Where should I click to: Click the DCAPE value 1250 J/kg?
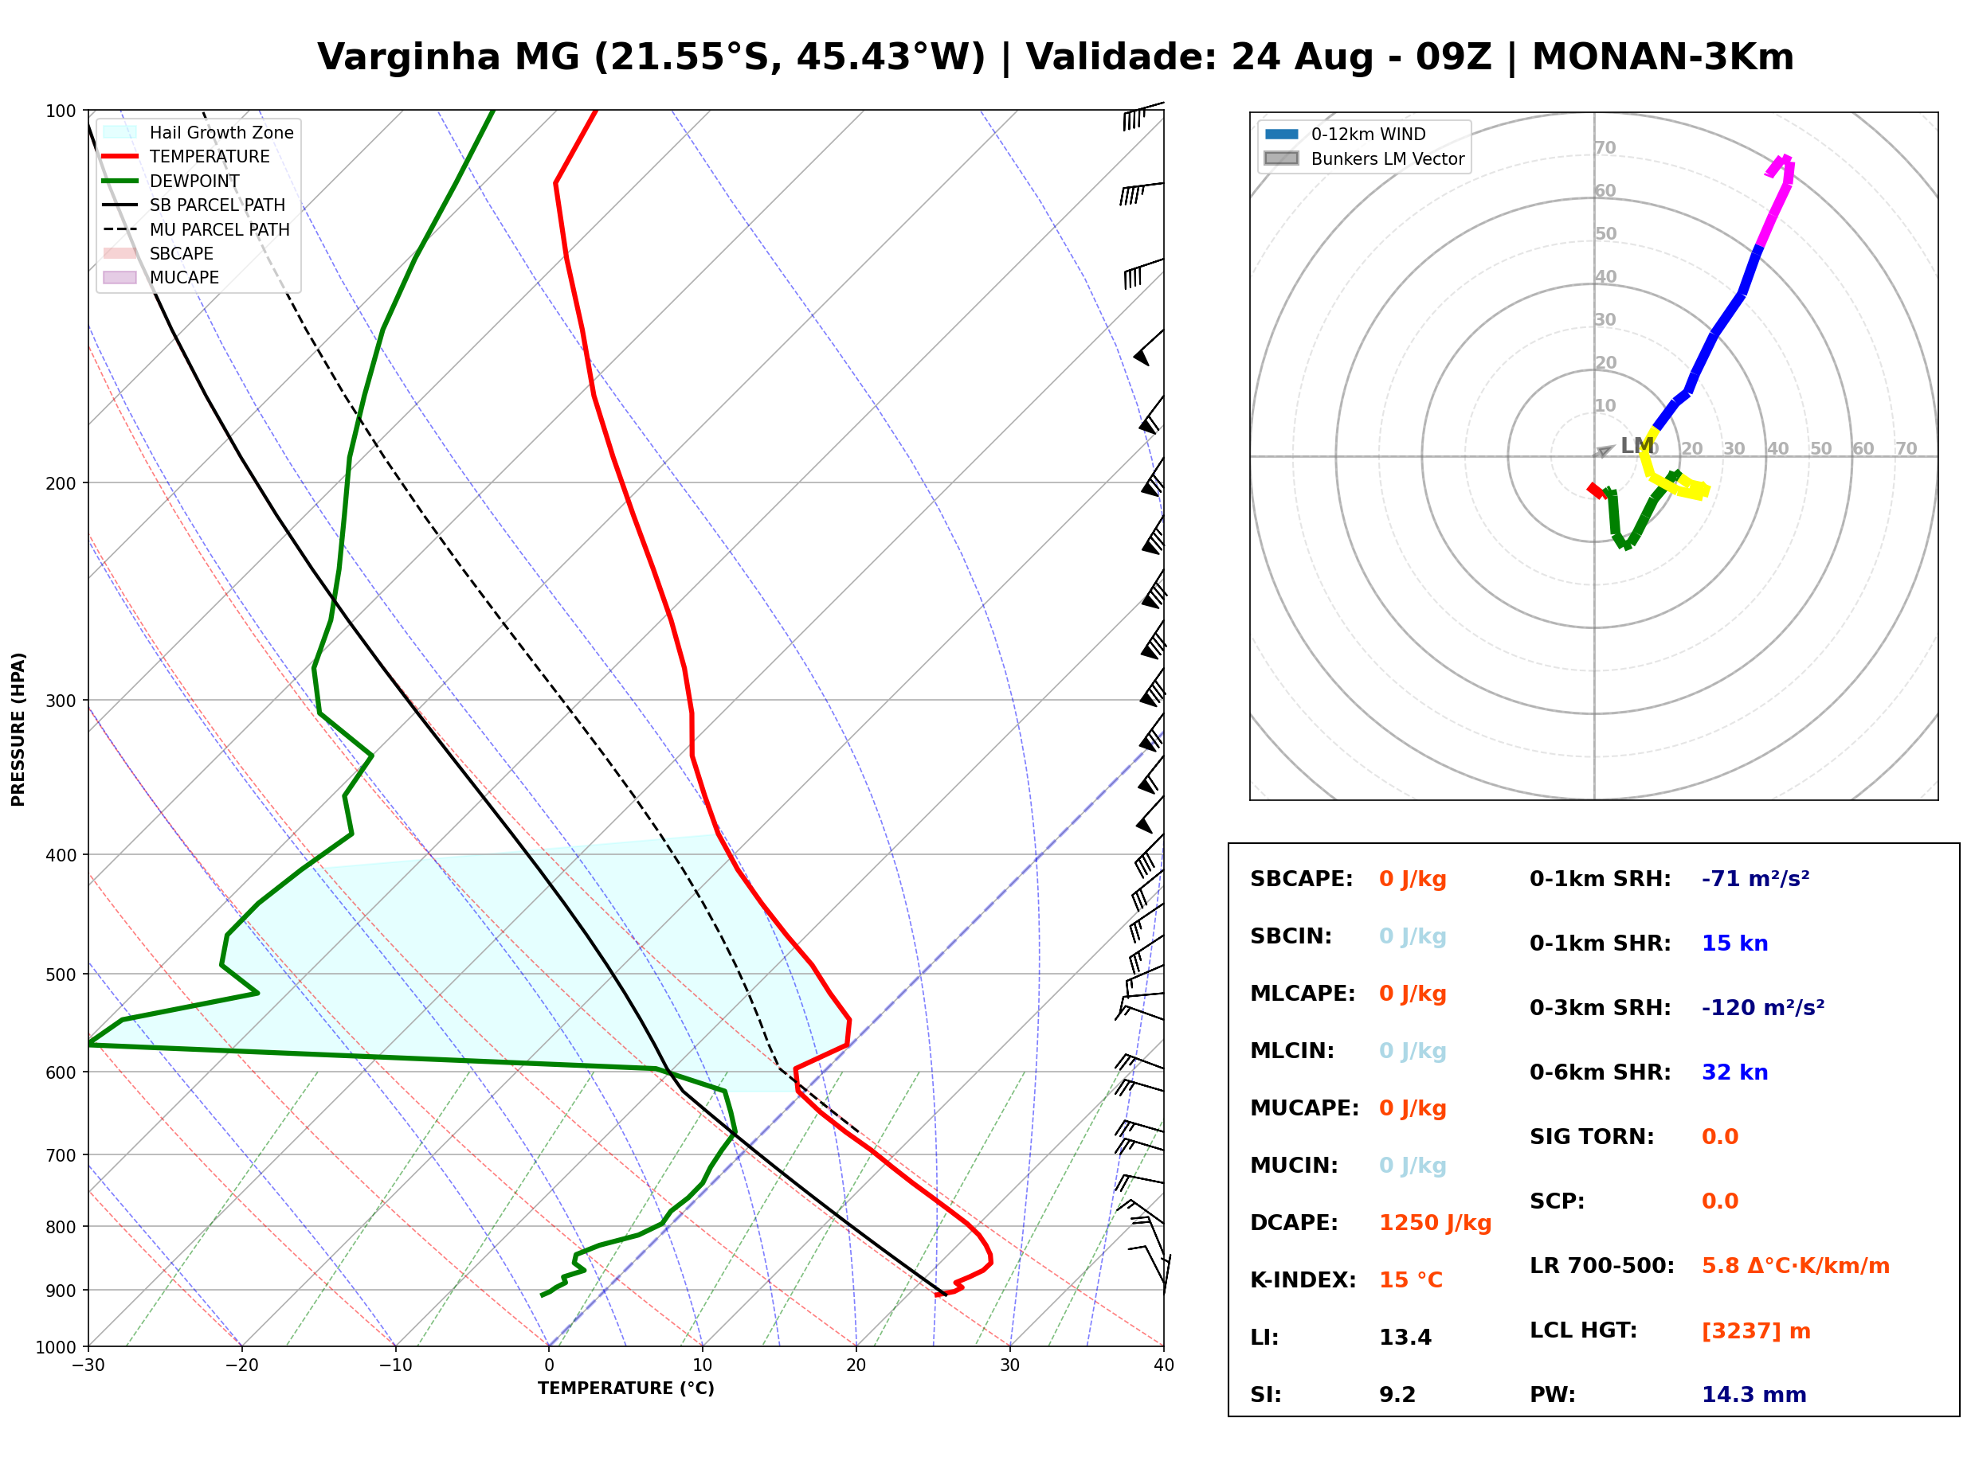(x=1435, y=1223)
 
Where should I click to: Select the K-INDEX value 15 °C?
(x=1411, y=1280)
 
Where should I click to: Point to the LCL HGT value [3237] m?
(x=1756, y=1331)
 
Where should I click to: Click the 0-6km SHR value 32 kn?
(x=1734, y=1073)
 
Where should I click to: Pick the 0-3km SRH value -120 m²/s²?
(x=1763, y=1008)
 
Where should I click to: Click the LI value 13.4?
(x=1405, y=1338)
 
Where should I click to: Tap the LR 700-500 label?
(x=1601, y=1267)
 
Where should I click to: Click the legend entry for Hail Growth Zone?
(x=198, y=132)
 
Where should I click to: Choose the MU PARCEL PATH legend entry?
(x=196, y=229)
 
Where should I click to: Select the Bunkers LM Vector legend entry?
(x=1364, y=158)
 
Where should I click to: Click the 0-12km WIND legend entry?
(x=1345, y=134)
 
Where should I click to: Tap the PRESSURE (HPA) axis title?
(x=18, y=729)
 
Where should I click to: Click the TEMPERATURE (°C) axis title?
(x=625, y=1389)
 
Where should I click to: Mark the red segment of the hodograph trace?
(x=1596, y=490)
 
